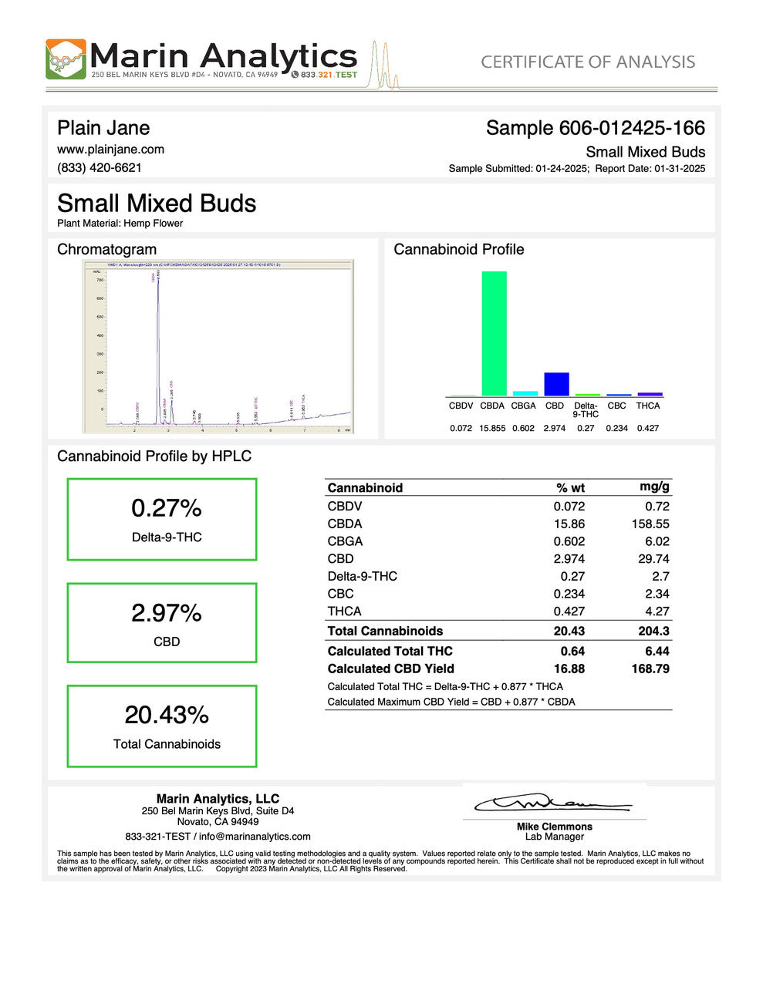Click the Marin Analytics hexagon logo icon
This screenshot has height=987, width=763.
tap(66, 59)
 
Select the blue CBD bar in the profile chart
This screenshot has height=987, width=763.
tap(556, 384)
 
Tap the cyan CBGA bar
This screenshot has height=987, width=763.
tap(525, 393)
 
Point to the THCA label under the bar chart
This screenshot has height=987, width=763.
tap(648, 406)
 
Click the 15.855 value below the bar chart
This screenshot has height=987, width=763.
tap(492, 428)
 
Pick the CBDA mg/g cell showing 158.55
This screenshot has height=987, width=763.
tap(650, 524)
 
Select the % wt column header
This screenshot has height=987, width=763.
tap(570, 487)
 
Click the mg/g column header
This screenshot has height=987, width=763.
tap(654, 487)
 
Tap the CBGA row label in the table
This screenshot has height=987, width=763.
tap(345, 541)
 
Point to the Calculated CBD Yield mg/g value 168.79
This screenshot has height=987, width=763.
tap(650, 669)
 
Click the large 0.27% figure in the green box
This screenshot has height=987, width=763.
tap(166, 508)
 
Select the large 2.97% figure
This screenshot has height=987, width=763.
tap(166, 613)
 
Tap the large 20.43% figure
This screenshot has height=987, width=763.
tap(167, 715)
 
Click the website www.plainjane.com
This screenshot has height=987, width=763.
tap(110, 149)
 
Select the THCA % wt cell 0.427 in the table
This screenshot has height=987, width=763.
tap(569, 611)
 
